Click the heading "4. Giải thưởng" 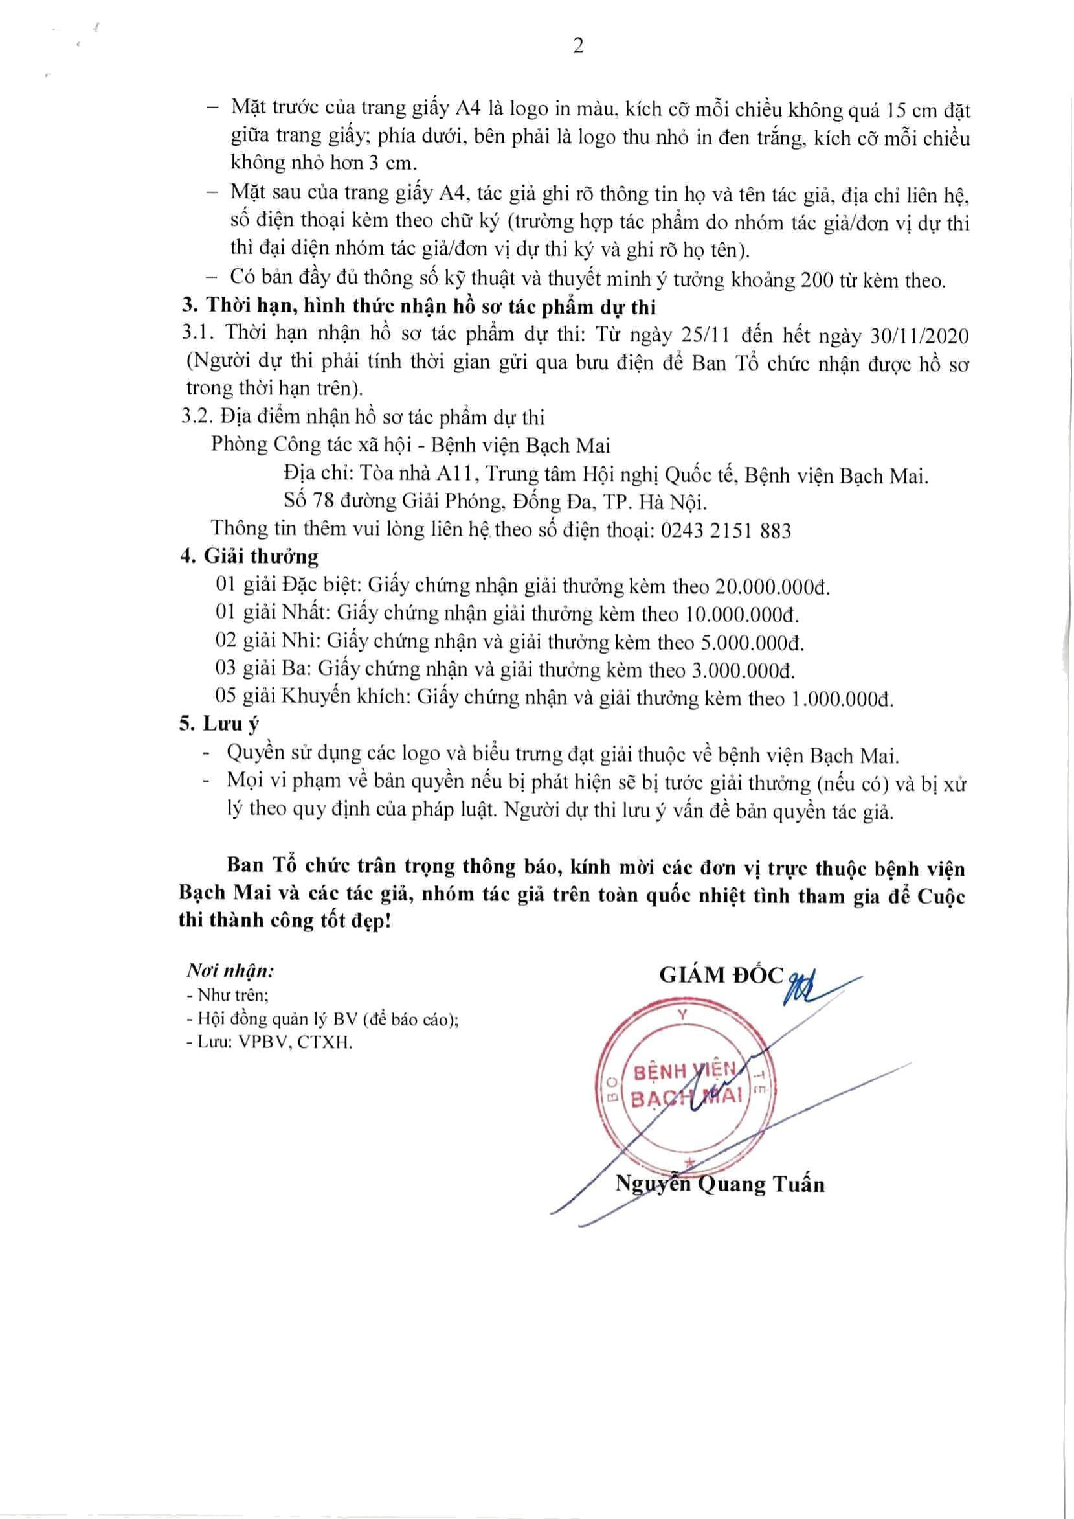pos(249,556)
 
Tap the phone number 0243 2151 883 pos(726,531)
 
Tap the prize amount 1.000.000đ pos(842,700)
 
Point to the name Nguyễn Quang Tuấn pos(720,1183)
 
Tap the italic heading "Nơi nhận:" pos(230,970)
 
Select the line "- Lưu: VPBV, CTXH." pos(270,1042)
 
